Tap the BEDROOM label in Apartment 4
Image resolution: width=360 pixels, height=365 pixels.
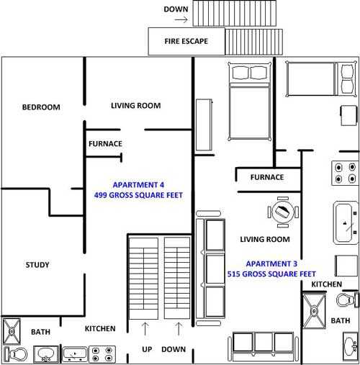41,107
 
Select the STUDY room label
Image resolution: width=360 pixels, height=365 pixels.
37,265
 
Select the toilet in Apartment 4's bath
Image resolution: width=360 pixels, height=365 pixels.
17,354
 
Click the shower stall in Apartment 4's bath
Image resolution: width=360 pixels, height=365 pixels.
13,331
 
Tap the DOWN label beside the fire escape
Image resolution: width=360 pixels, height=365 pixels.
176,9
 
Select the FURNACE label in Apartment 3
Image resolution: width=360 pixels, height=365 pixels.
266,177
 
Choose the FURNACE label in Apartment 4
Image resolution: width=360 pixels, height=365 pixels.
105,143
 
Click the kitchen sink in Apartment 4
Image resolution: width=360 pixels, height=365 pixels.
74,353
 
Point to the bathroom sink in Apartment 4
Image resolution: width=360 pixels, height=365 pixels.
46,354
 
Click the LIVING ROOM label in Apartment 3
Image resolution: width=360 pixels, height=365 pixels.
265,239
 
